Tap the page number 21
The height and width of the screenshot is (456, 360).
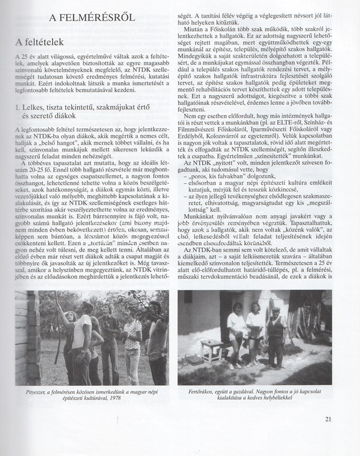pyautogui.click(x=328, y=420)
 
